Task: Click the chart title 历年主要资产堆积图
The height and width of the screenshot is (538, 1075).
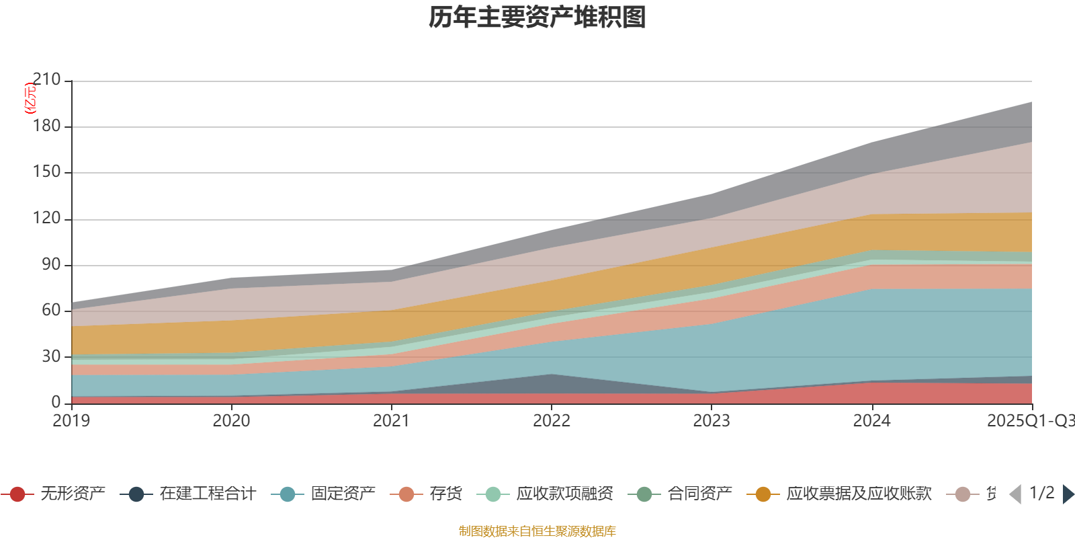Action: [x=537, y=17]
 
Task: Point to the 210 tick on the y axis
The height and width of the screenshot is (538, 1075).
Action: [x=46, y=80]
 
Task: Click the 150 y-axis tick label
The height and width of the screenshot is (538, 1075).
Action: [x=46, y=172]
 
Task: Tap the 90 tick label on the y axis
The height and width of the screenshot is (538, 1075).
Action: [x=50, y=264]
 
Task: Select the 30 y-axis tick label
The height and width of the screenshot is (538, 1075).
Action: [x=50, y=356]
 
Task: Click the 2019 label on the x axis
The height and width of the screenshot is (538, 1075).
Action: [x=71, y=421]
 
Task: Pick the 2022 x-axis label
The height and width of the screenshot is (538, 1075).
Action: [x=551, y=421]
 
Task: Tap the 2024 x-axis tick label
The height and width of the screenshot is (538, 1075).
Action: [x=871, y=421]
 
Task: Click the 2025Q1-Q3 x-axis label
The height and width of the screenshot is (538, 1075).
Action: [x=1030, y=421]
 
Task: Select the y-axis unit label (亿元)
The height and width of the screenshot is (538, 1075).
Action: [x=30, y=98]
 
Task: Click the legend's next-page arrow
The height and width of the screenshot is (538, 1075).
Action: [x=1068, y=494]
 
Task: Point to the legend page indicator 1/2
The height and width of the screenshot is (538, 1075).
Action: [x=1041, y=493]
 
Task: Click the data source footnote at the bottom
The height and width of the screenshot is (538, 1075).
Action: [x=537, y=531]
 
